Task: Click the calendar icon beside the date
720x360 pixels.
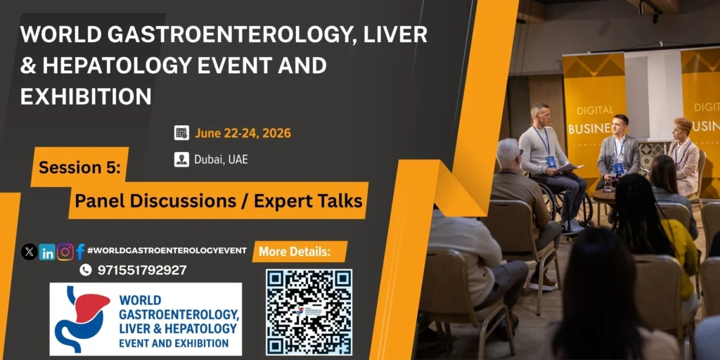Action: [181, 133]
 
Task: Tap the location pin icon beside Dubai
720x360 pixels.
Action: [181, 160]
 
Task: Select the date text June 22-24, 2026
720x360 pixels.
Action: [243, 133]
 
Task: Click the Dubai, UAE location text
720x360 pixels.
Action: [221, 160]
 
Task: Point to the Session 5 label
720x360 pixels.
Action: [79, 167]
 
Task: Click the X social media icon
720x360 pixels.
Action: [30, 252]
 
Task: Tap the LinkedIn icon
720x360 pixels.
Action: [47, 252]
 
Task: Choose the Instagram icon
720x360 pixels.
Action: [65, 252]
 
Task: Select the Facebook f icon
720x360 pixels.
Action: [80, 252]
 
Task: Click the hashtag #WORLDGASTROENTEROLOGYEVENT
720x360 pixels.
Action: [167, 250]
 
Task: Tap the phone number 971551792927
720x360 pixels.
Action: [142, 270]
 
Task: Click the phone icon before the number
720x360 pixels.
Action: [85, 270]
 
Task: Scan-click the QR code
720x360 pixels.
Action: [309, 312]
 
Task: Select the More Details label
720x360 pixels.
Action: [295, 252]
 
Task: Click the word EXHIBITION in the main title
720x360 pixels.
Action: [86, 97]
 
